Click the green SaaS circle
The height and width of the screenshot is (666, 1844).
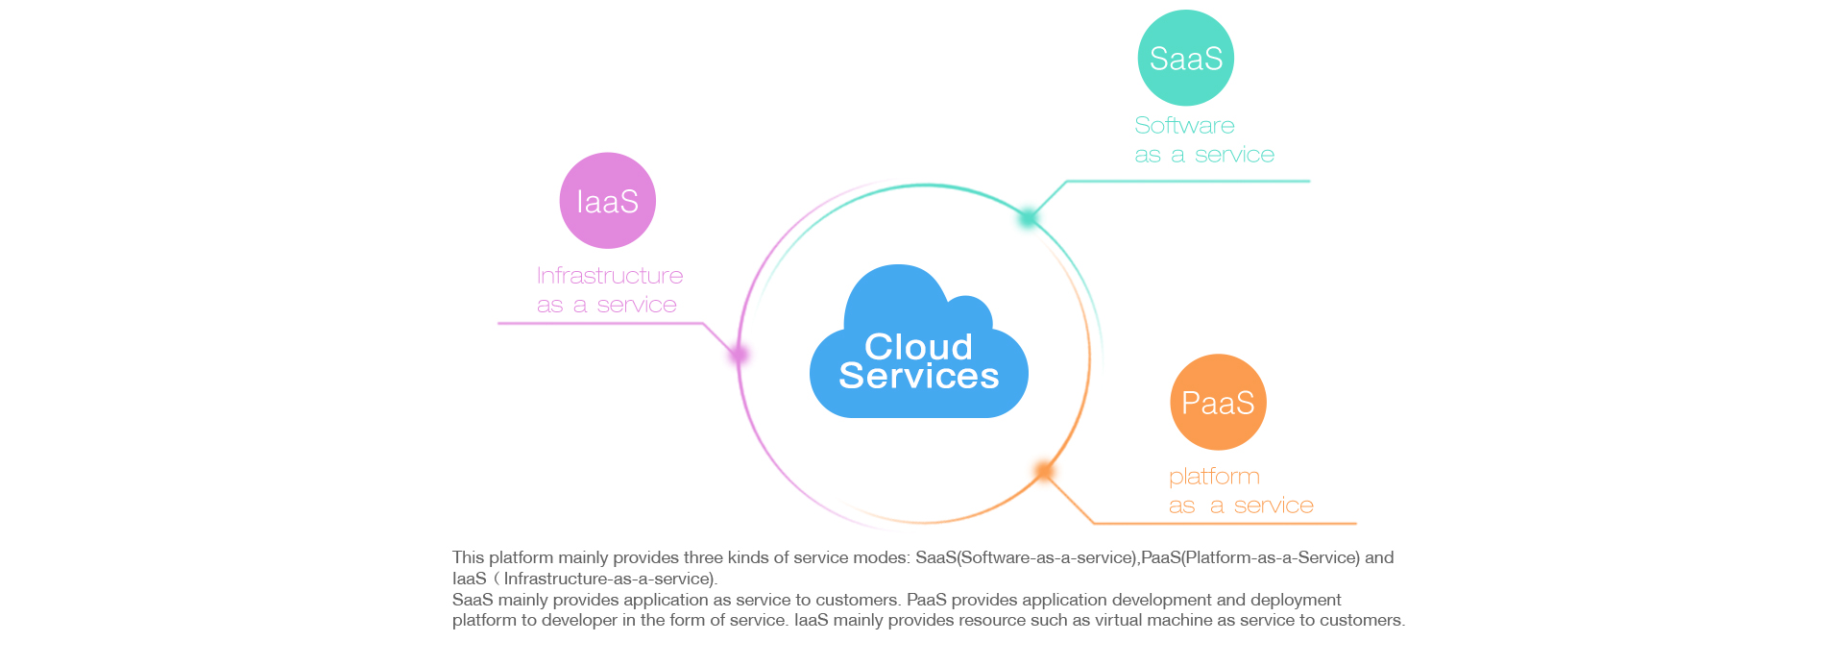pyautogui.click(x=1186, y=58)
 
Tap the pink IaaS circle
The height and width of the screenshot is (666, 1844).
pyautogui.click(x=608, y=201)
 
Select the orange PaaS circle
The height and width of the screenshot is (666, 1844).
pyautogui.click(x=1219, y=402)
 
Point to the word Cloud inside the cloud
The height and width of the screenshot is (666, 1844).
pyautogui.click(x=919, y=346)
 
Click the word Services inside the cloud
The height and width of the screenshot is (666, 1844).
pyautogui.click(x=919, y=376)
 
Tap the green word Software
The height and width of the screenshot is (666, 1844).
pyautogui.click(x=1184, y=125)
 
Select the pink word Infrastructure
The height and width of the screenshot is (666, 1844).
pyautogui.click(x=610, y=276)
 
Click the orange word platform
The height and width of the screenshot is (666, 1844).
pyautogui.click(x=1214, y=477)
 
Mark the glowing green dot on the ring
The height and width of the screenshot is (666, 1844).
pyautogui.click(x=1028, y=218)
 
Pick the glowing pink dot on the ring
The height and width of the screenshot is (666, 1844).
pyautogui.click(x=739, y=355)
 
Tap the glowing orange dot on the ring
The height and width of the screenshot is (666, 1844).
pyautogui.click(x=1044, y=470)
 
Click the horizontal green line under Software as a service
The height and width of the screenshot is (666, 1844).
pyautogui.click(x=1188, y=181)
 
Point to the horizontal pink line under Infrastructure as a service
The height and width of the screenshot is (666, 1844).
pyautogui.click(x=600, y=324)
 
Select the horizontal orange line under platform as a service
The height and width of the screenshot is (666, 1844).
pyautogui.click(x=1225, y=524)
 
